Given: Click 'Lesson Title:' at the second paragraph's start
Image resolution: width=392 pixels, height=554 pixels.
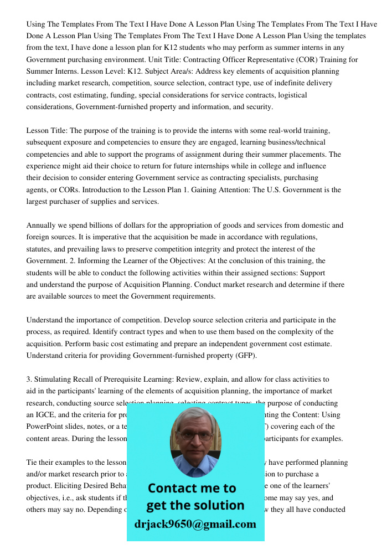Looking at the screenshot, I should coord(47,131).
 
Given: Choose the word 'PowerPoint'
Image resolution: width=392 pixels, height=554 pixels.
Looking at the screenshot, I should coord(45,427).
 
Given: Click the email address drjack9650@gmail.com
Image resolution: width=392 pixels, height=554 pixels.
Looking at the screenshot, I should coord(195,524).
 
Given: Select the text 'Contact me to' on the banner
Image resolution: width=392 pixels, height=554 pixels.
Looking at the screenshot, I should coord(192,488).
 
